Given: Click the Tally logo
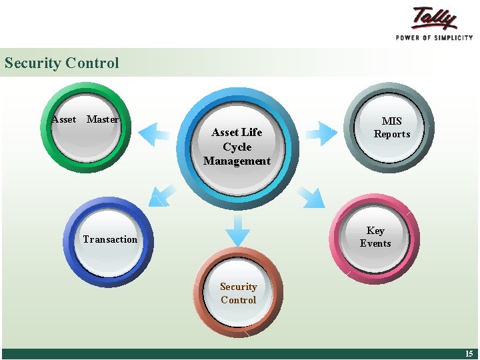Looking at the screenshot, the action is tap(434, 19).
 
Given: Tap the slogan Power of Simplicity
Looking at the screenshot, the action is tap(434, 38).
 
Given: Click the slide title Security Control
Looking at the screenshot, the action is tap(61, 63).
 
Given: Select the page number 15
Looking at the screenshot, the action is tap(469, 354).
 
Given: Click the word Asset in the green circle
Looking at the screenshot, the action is tap(64, 119).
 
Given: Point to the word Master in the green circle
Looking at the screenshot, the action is tap(103, 119).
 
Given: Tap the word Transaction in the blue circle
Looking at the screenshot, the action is tap(110, 239).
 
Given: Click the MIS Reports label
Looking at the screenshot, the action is tap(392, 127).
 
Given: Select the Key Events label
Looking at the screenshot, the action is tap(375, 237).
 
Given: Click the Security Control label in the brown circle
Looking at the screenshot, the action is tap(238, 293).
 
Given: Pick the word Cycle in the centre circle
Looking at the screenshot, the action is tap(237, 147).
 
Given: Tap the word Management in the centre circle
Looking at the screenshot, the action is tap(237, 161).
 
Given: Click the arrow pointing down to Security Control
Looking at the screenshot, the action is tap(237, 231).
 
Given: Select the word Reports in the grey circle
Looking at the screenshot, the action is tap(392, 134).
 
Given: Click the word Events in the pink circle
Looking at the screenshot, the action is tap(375, 243).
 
